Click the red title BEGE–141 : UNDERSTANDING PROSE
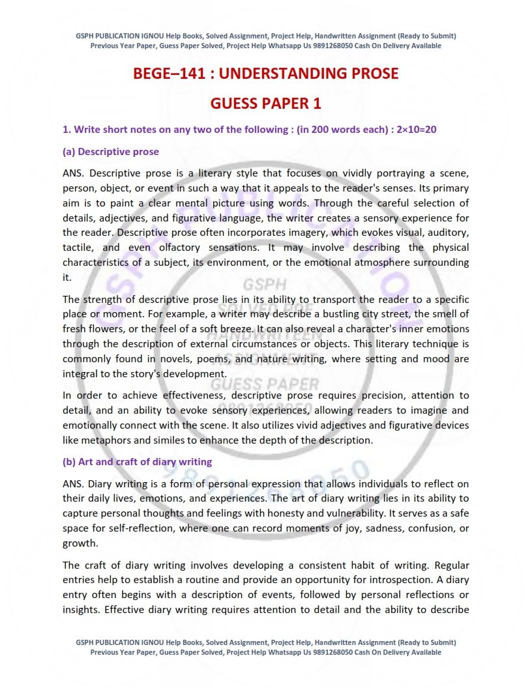click(x=265, y=74)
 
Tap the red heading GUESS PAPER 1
click(x=265, y=104)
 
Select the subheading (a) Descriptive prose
click(x=110, y=152)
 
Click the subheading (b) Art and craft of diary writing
click(x=137, y=462)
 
